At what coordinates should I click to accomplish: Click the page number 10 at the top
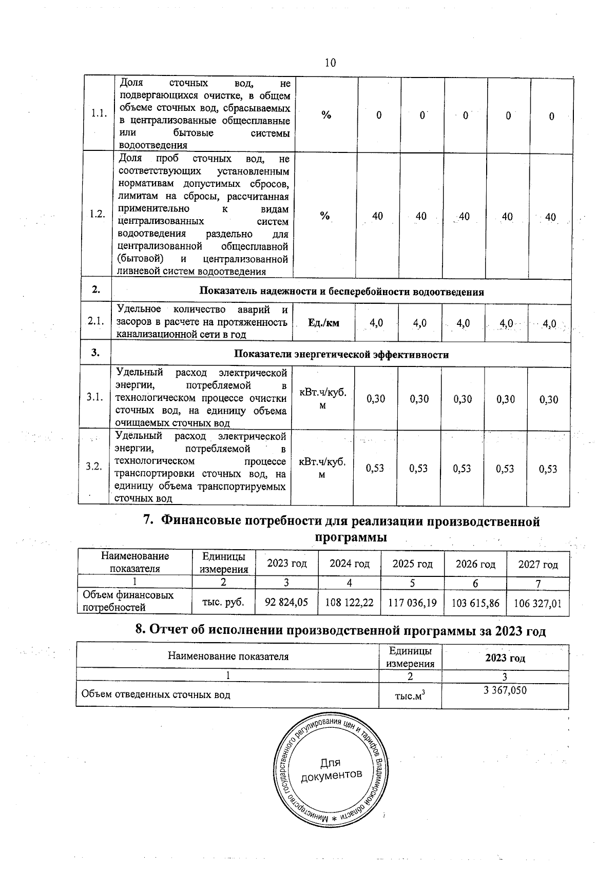(x=330, y=63)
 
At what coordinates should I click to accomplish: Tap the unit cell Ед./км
(x=323, y=323)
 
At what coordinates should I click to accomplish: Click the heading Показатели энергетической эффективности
(x=341, y=355)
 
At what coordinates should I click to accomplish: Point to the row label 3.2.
(x=93, y=466)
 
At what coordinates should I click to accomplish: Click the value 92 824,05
(x=286, y=603)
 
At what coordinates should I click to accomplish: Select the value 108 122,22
(x=350, y=603)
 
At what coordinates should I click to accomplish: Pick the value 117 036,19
(x=412, y=603)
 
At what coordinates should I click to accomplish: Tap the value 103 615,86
(x=475, y=603)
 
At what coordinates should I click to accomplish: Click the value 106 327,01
(x=538, y=604)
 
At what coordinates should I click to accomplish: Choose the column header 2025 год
(x=412, y=564)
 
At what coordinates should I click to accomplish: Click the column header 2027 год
(x=538, y=565)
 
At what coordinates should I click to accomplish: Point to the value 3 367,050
(x=505, y=690)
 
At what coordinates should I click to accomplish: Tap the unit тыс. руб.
(x=224, y=602)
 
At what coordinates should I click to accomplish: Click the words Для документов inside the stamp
(x=331, y=769)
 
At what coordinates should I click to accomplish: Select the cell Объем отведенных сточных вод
(x=156, y=695)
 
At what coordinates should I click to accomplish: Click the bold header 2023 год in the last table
(x=505, y=658)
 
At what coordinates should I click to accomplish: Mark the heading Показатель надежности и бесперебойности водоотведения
(x=341, y=292)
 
